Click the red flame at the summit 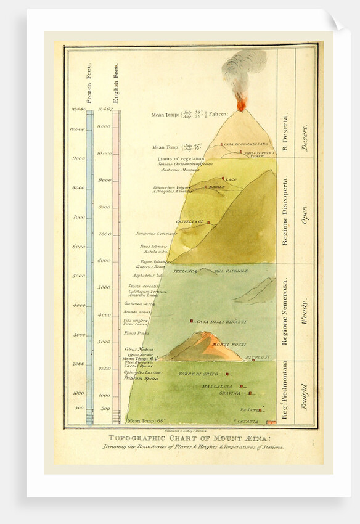[241, 104]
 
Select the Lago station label [231, 179]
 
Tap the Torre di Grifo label [198, 374]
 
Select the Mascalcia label [217, 387]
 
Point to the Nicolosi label [257, 357]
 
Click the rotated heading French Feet [89, 83]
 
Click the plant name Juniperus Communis [156, 233]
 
